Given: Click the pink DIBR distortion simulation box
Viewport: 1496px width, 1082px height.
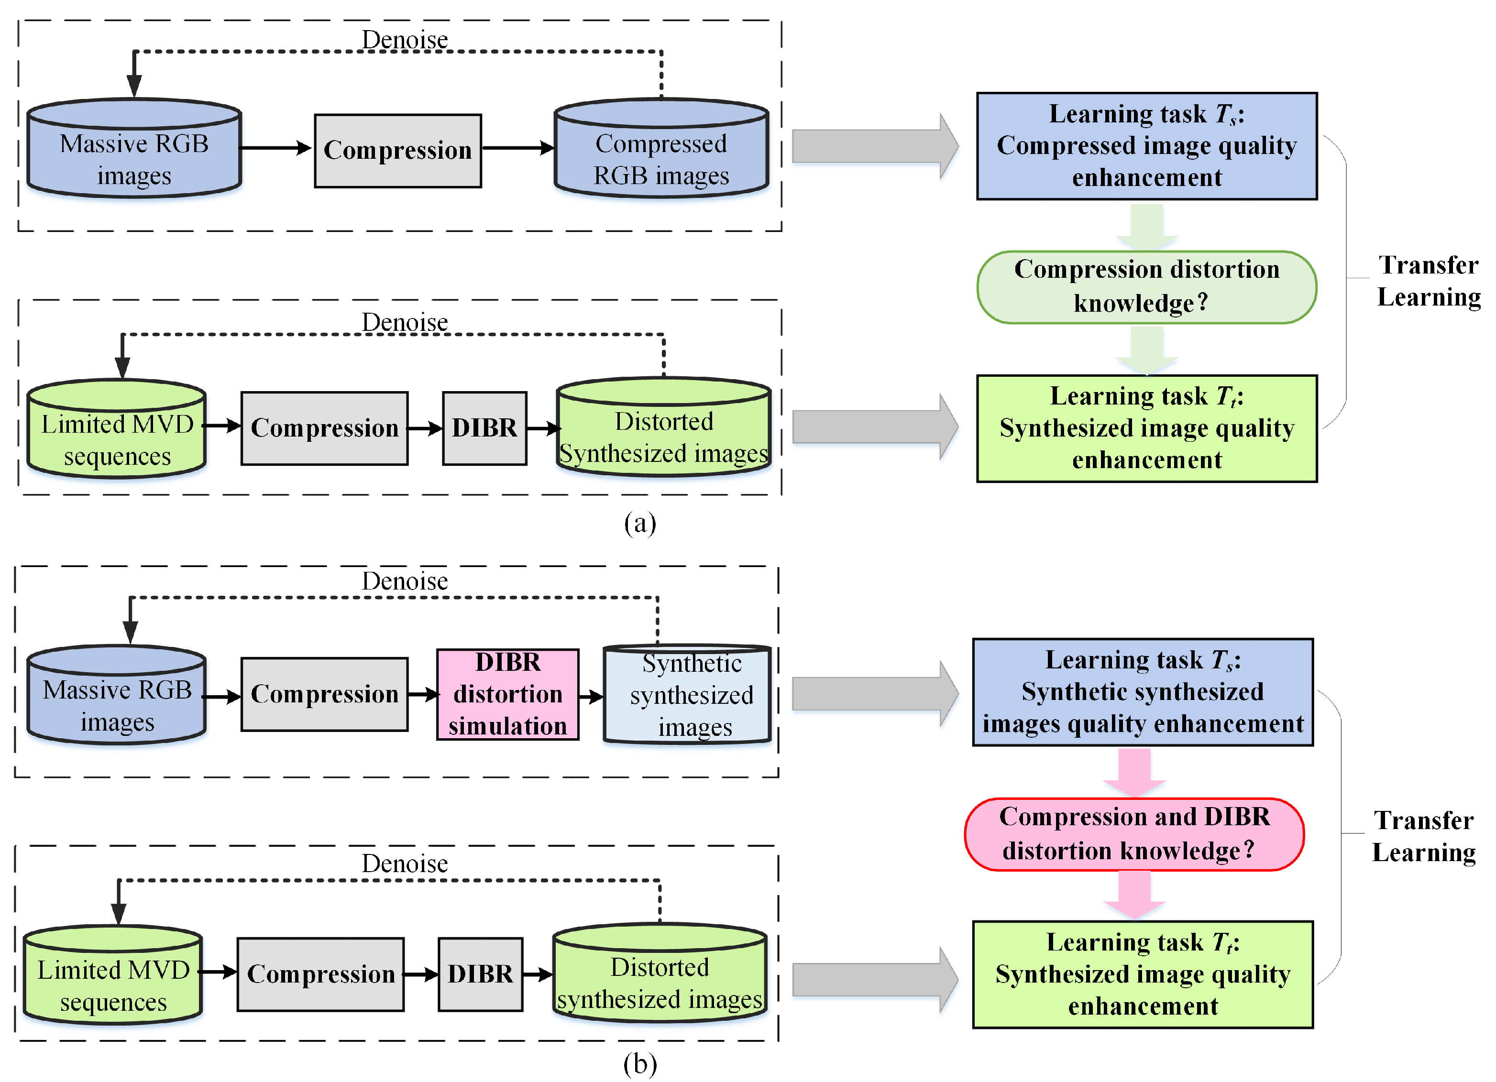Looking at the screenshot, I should (507, 694).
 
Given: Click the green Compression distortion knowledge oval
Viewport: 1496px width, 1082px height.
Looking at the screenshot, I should (1146, 287).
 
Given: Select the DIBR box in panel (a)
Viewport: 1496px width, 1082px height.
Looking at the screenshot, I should (484, 428).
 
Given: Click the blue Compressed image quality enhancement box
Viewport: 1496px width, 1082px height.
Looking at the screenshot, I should (1146, 146).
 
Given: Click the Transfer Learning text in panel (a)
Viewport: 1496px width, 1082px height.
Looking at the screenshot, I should (1428, 281).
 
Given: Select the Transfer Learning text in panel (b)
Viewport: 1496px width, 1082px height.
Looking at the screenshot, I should (1423, 836).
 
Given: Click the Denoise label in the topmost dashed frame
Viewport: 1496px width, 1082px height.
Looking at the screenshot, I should (404, 40).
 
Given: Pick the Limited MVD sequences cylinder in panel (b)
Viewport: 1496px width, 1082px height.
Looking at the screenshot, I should (113, 976).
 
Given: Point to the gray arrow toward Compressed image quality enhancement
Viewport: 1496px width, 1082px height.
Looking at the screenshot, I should (874, 146).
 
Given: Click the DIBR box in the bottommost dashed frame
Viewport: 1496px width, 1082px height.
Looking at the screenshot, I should (480, 974).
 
